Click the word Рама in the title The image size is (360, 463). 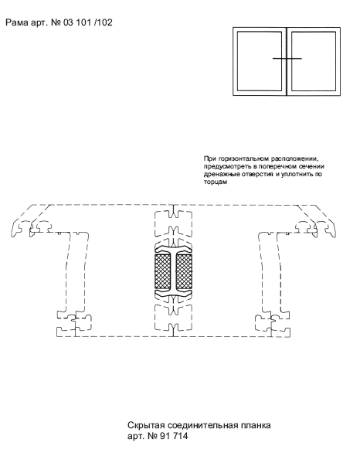[17, 22]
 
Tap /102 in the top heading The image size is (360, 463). [103, 22]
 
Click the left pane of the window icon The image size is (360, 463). [260, 61]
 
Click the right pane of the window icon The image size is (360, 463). [314, 61]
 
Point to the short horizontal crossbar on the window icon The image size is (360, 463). [287, 59]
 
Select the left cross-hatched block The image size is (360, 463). [162, 271]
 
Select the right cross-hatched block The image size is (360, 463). [184, 271]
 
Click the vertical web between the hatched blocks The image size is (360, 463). [173, 271]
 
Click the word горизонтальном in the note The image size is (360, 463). [243, 159]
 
